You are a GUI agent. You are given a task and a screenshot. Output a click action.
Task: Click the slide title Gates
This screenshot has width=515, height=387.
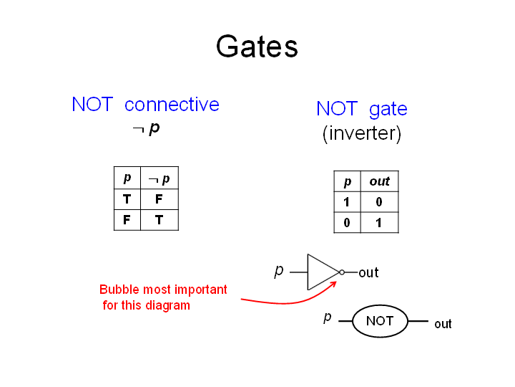[x=257, y=47]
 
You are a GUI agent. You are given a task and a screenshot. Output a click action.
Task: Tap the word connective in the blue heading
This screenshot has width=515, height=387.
[x=172, y=105]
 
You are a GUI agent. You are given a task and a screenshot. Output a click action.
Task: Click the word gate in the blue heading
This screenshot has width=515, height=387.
[x=388, y=110]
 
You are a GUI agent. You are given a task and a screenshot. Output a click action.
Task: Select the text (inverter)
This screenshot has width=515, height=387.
[x=362, y=133]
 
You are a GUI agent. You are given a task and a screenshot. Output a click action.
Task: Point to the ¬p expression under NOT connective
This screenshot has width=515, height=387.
[x=146, y=128]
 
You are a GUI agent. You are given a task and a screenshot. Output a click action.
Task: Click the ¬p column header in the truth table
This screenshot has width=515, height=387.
[x=160, y=179]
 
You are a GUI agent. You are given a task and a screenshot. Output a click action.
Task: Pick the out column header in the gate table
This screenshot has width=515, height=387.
[x=379, y=181]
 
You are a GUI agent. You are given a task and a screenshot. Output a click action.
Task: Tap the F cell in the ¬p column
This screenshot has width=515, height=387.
[x=159, y=199]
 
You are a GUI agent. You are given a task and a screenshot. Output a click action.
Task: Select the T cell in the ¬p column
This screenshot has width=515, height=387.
[x=159, y=219]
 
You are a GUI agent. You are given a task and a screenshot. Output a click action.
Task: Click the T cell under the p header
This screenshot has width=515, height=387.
[x=127, y=199]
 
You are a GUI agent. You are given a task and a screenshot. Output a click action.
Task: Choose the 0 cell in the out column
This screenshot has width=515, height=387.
[x=379, y=201]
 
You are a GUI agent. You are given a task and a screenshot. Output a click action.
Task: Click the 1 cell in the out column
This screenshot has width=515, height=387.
[x=378, y=223]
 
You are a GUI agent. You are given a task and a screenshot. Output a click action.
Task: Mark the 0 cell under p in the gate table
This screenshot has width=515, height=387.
[x=347, y=223]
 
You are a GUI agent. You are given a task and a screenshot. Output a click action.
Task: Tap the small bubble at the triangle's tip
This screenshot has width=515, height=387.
[x=342, y=272]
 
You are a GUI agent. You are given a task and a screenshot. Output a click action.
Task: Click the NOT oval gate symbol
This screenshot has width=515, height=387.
[x=380, y=321]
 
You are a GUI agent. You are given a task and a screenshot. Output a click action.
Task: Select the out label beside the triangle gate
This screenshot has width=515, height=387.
[x=368, y=272]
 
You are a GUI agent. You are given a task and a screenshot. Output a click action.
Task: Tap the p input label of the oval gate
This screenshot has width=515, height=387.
[x=328, y=317]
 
